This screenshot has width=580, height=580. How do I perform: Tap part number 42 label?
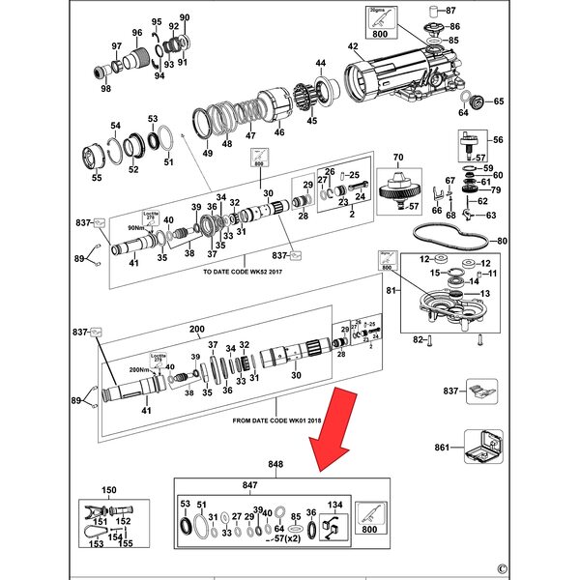[353, 47]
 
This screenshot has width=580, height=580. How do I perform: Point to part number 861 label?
[443, 449]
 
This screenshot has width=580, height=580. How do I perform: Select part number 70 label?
[397, 157]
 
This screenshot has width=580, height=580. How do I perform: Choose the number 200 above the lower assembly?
[198, 330]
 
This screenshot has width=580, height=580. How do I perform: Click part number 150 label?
[109, 491]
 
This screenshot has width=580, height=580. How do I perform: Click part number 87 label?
[477, 11]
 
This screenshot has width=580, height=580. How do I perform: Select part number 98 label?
[106, 89]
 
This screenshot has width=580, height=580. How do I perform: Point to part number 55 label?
[96, 178]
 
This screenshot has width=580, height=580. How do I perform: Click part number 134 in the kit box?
[335, 504]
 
